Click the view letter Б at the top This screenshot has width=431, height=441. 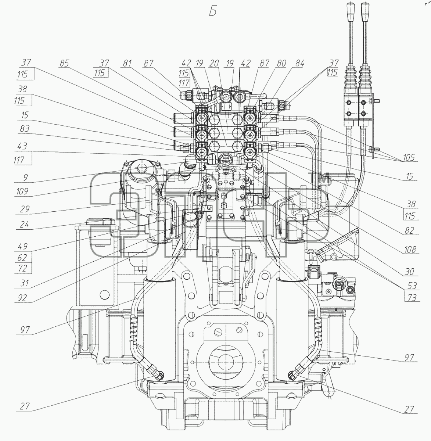pyautogui.click(x=213, y=11)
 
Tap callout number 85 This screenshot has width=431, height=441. pyautogui.click(x=64, y=64)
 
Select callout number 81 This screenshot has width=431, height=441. pyautogui.click(x=127, y=64)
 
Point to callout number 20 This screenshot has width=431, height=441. pyautogui.click(x=214, y=64)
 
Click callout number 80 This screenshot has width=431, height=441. pyautogui.click(x=281, y=64)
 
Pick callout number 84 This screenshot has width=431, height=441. pyautogui.click(x=299, y=64)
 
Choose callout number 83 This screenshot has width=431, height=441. pyautogui.click(x=25, y=129)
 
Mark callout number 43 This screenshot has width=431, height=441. pyautogui.click(x=22, y=146)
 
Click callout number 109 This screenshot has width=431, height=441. pyautogui.click(x=22, y=192)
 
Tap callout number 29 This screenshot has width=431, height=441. pyautogui.click(x=25, y=209)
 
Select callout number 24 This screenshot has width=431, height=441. pyautogui.click(x=24, y=225)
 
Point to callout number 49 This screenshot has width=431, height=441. pyautogui.click(x=23, y=246)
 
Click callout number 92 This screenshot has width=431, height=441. pyautogui.click(x=22, y=298)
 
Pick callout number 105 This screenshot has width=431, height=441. pyautogui.click(x=409, y=158)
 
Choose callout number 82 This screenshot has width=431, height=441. pyautogui.click(x=409, y=231)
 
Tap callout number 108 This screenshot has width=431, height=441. pyautogui.click(x=410, y=250)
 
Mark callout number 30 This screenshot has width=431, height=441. pyautogui.click(x=409, y=272)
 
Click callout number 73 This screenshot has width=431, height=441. pyautogui.click(x=412, y=298)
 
